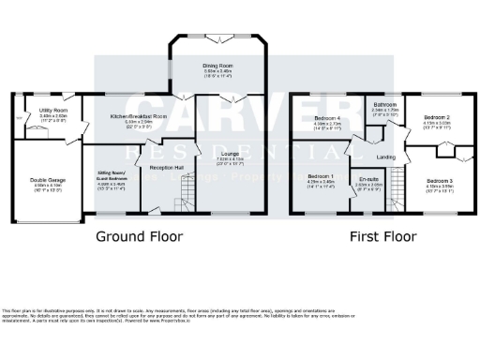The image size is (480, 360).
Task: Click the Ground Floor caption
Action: pyautogui.click(x=139, y=236)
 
